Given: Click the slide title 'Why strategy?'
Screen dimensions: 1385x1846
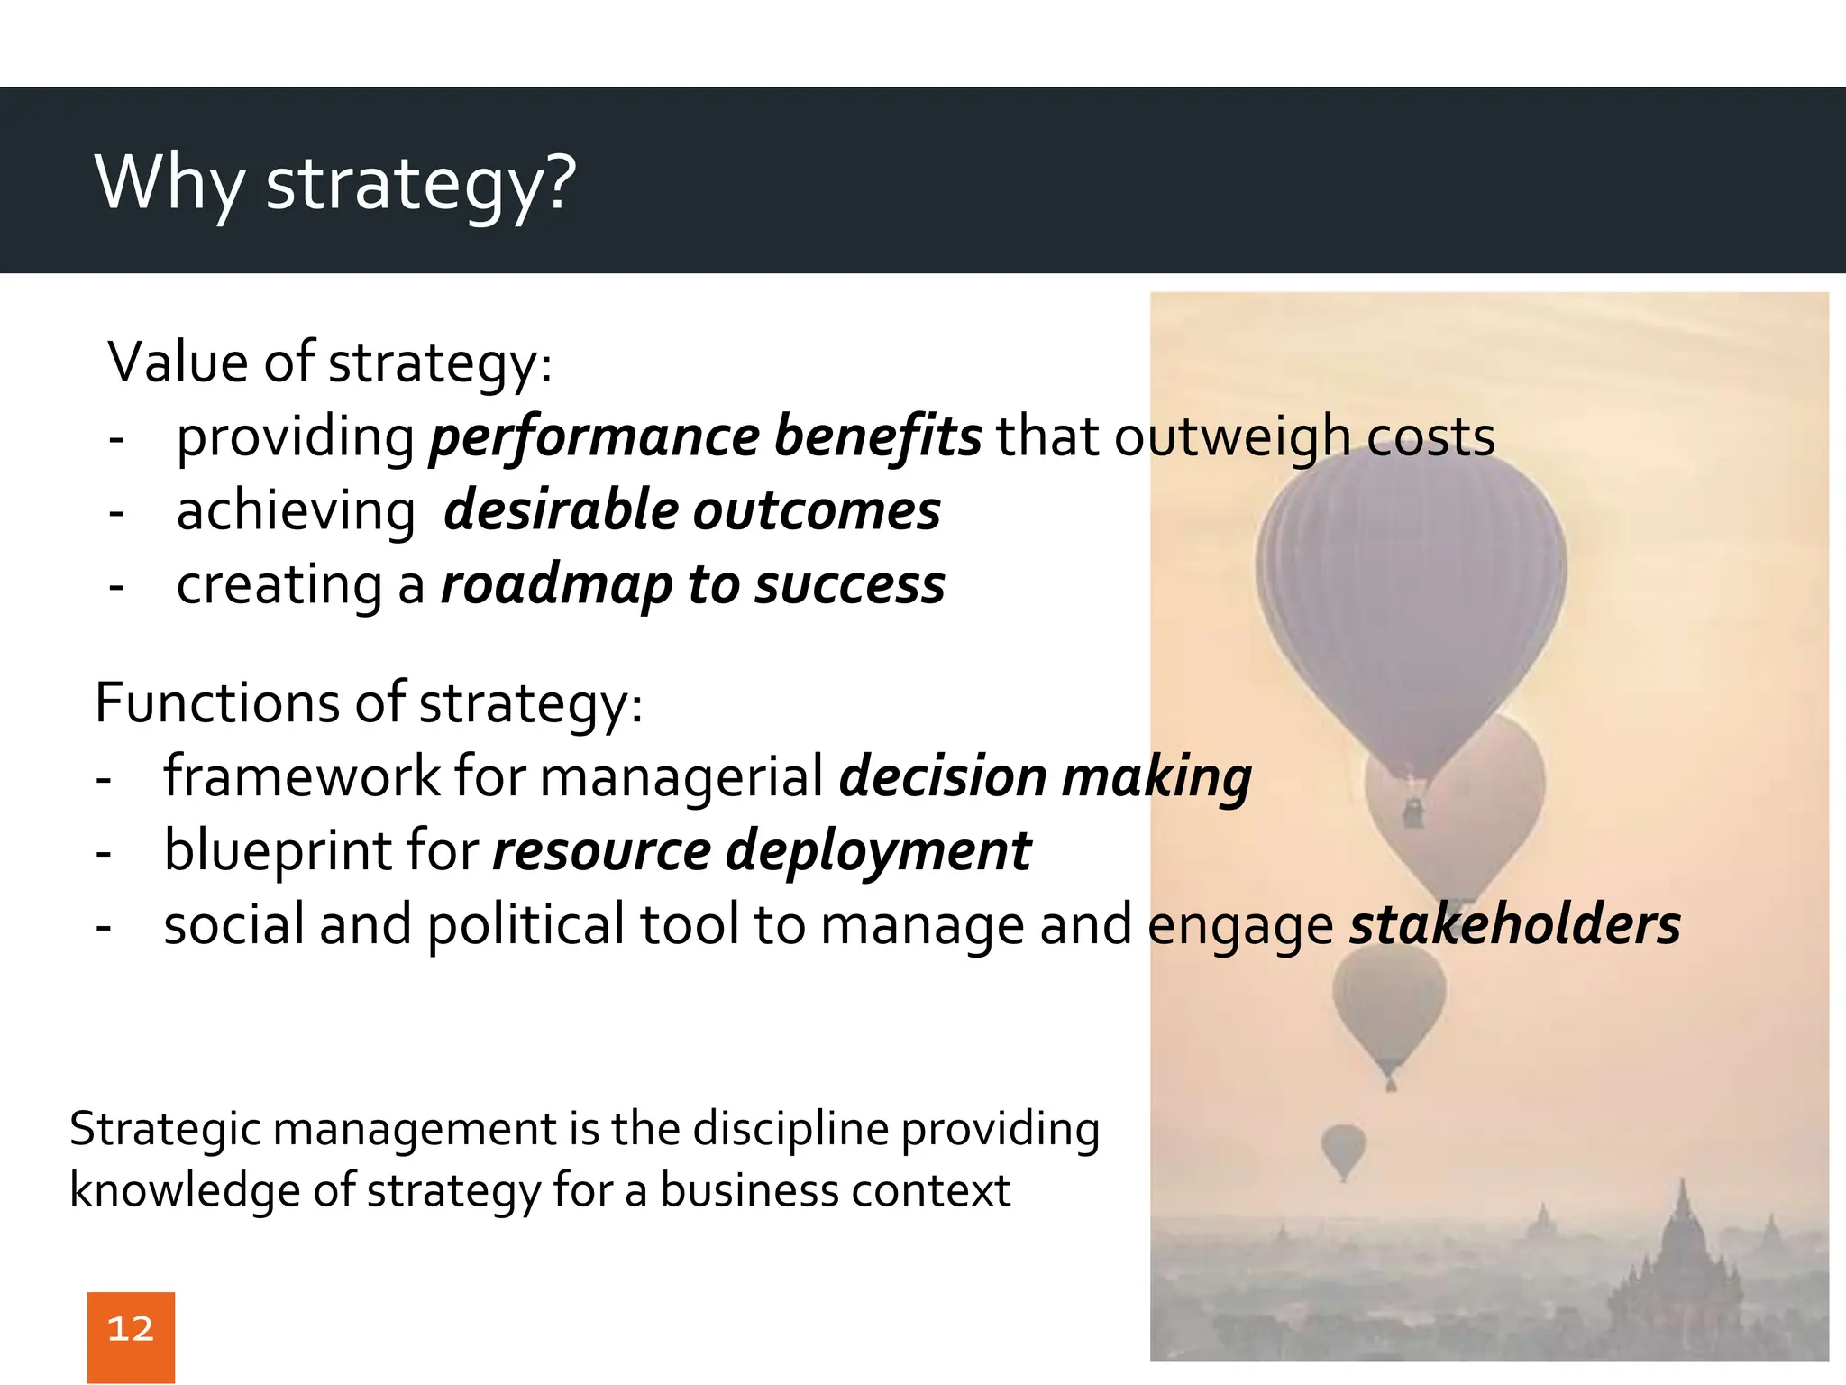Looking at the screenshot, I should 334,183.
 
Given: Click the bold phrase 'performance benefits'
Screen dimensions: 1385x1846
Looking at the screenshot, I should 705,437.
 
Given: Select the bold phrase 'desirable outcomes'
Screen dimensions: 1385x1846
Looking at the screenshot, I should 691,511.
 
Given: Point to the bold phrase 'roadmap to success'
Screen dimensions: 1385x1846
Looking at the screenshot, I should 692,585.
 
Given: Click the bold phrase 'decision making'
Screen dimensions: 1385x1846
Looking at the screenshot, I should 1045,777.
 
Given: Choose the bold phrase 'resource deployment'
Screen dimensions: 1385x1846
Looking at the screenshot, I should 761,851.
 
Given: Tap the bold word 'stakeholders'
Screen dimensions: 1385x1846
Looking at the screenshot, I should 1514,925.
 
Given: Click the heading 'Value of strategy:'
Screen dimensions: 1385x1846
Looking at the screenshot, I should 330,362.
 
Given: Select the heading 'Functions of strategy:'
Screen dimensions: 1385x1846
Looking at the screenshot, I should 369,703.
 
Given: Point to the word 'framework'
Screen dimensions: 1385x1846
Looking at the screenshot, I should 301,777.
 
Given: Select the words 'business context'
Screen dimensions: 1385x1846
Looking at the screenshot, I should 835,1190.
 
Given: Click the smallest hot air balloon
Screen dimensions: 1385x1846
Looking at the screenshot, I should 1343,1147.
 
